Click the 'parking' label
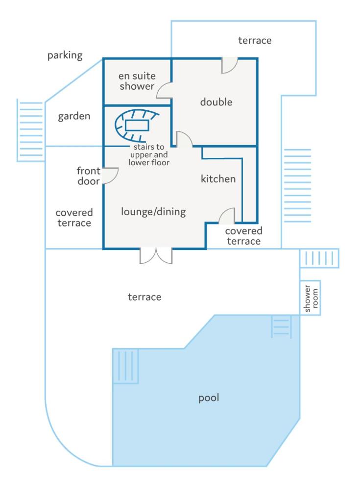click(x=65, y=55)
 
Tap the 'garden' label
click(x=74, y=116)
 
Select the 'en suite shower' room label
click(x=137, y=81)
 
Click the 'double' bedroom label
click(x=216, y=101)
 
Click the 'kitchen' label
click(x=218, y=179)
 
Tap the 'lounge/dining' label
click(x=153, y=212)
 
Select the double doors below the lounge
click(x=156, y=255)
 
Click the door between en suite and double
click(x=164, y=90)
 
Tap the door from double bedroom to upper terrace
click(x=229, y=66)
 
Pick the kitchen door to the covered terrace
click(x=227, y=216)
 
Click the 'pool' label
click(x=209, y=398)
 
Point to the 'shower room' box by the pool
click(x=310, y=298)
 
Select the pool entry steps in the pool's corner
click(x=126, y=366)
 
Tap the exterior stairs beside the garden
click(x=30, y=130)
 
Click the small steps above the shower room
click(x=319, y=258)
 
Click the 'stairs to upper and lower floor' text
click(x=149, y=154)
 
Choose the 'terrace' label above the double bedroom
click(x=255, y=40)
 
